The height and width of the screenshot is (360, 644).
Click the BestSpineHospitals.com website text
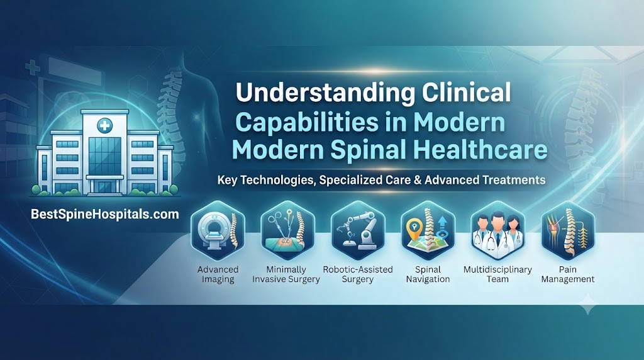(x=105, y=214)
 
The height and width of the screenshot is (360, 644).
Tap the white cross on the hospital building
(x=104, y=125)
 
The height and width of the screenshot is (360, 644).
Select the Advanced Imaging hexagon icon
(x=218, y=231)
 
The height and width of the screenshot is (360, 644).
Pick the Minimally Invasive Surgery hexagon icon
(x=287, y=230)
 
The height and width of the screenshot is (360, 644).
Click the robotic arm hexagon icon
(x=358, y=230)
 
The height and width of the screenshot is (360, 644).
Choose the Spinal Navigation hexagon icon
(x=428, y=230)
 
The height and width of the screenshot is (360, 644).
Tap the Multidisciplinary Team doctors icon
(x=498, y=230)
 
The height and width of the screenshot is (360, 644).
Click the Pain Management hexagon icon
(x=568, y=230)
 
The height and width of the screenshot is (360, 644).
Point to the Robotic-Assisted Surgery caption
(x=358, y=274)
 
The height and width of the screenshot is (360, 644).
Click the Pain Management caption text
(x=568, y=274)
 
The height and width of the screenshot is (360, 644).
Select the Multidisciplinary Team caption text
(x=498, y=274)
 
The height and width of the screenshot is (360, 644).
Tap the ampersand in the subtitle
(x=417, y=180)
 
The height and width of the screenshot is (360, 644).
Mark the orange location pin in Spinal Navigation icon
(x=413, y=227)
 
